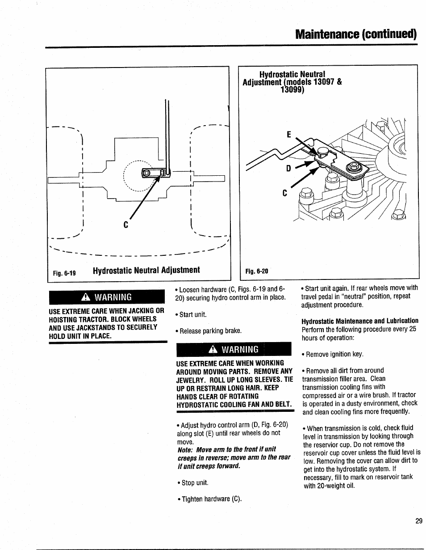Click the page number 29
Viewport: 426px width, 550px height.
[418, 521]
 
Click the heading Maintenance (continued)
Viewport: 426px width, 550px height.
[356, 34]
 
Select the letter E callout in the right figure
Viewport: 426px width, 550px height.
[288, 134]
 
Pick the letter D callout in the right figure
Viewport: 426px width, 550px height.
[288, 169]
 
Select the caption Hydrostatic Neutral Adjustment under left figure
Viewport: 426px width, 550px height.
[146, 270]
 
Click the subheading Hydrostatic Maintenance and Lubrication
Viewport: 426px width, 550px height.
[360, 321]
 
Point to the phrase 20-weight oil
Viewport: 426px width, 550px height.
[329, 486]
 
